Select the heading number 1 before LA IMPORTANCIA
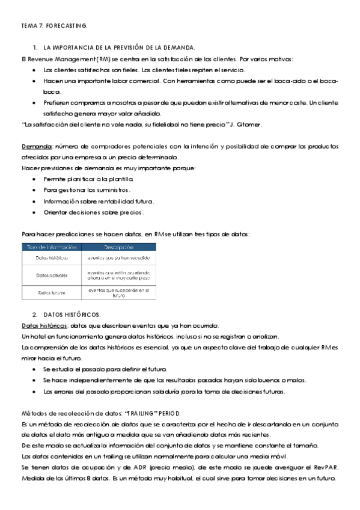(x=36, y=47)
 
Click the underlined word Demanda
(x=35, y=147)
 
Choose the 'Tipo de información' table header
(x=51, y=247)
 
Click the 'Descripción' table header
(x=118, y=247)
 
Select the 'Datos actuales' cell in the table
(x=51, y=275)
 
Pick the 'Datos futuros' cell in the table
(x=51, y=293)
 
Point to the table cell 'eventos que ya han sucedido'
(x=118, y=258)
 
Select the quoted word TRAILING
(x=142, y=413)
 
